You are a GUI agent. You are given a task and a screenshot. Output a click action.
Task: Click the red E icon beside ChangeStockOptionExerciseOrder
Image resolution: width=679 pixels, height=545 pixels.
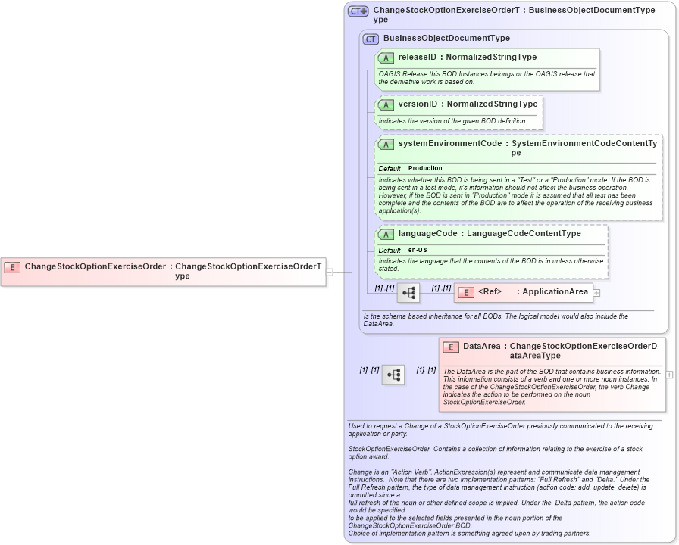(x=12, y=266)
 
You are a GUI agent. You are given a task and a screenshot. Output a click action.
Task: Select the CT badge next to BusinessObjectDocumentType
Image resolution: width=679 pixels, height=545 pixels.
(x=371, y=39)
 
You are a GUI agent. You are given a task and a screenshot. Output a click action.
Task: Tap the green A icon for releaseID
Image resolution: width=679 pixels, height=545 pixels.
(x=386, y=58)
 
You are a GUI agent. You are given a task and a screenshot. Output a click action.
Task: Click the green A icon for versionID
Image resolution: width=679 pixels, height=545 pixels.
(x=386, y=104)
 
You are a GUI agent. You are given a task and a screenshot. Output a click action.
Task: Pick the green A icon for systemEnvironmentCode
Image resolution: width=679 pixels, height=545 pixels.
(x=386, y=144)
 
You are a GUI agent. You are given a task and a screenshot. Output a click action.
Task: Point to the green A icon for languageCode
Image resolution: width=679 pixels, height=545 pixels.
(x=386, y=234)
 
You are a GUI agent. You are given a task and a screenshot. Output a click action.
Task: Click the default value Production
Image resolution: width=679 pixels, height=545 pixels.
(x=425, y=168)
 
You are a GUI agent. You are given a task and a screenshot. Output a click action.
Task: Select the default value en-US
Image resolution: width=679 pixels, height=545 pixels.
(x=418, y=250)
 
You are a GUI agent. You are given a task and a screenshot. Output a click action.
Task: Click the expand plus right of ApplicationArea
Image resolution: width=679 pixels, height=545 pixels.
(x=597, y=293)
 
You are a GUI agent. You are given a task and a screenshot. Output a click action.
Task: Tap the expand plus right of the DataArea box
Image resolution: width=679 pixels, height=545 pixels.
(x=669, y=375)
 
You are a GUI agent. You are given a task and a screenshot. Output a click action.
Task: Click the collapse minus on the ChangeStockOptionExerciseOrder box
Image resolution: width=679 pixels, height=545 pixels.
(x=330, y=272)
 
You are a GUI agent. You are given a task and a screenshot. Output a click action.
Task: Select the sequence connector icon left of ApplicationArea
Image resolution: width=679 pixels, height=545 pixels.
(x=408, y=293)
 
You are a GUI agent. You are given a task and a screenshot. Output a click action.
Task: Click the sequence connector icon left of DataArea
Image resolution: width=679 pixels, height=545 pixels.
(x=393, y=375)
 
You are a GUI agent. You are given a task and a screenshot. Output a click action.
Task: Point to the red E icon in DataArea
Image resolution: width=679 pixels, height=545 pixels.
(x=451, y=347)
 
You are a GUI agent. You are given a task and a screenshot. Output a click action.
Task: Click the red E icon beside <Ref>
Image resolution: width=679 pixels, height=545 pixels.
(x=466, y=292)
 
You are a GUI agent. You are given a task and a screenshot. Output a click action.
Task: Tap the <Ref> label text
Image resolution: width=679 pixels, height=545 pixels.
(x=490, y=292)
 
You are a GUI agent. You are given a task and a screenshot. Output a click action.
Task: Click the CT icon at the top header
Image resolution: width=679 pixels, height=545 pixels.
(x=358, y=11)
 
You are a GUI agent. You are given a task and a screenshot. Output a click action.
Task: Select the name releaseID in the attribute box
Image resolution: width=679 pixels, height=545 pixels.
(x=418, y=58)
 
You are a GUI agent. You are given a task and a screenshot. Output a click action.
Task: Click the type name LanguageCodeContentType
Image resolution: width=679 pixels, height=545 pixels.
(x=524, y=234)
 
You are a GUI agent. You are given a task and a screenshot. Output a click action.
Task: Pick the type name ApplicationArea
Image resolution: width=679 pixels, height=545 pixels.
(x=555, y=292)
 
